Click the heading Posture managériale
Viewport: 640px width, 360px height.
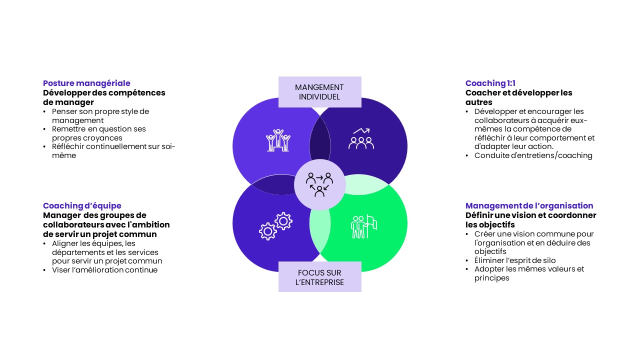[x=86, y=83]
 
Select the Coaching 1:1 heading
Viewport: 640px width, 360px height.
[x=490, y=83]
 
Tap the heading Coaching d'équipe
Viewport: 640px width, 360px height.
[x=82, y=205]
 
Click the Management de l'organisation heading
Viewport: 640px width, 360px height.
[x=529, y=205]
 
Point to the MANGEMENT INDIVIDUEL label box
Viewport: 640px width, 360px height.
[x=319, y=92]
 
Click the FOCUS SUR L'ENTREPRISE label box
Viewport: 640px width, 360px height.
[x=319, y=277]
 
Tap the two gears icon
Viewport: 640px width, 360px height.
[x=275, y=226]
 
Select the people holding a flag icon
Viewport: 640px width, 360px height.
[x=363, y=226]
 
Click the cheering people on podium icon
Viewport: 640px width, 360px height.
[x=278, y=140]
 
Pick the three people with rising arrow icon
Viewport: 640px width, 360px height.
[x=361, y=138]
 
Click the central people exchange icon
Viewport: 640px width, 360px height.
[x=319, y=185]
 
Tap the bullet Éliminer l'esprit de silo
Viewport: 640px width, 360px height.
[x=515, y=260]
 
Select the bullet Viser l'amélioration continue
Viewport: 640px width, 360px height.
[x=104, y=270]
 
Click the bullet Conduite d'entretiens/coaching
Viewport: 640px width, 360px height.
[x=533, y=155]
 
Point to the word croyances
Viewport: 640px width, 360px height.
[x=105, y=138]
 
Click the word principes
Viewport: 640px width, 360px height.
[x=491, y=278]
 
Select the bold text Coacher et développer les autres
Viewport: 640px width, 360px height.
[x=518, y=97]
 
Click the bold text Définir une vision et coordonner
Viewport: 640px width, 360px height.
[x=531, y=215]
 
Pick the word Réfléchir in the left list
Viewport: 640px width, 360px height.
[x=68, y=146]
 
